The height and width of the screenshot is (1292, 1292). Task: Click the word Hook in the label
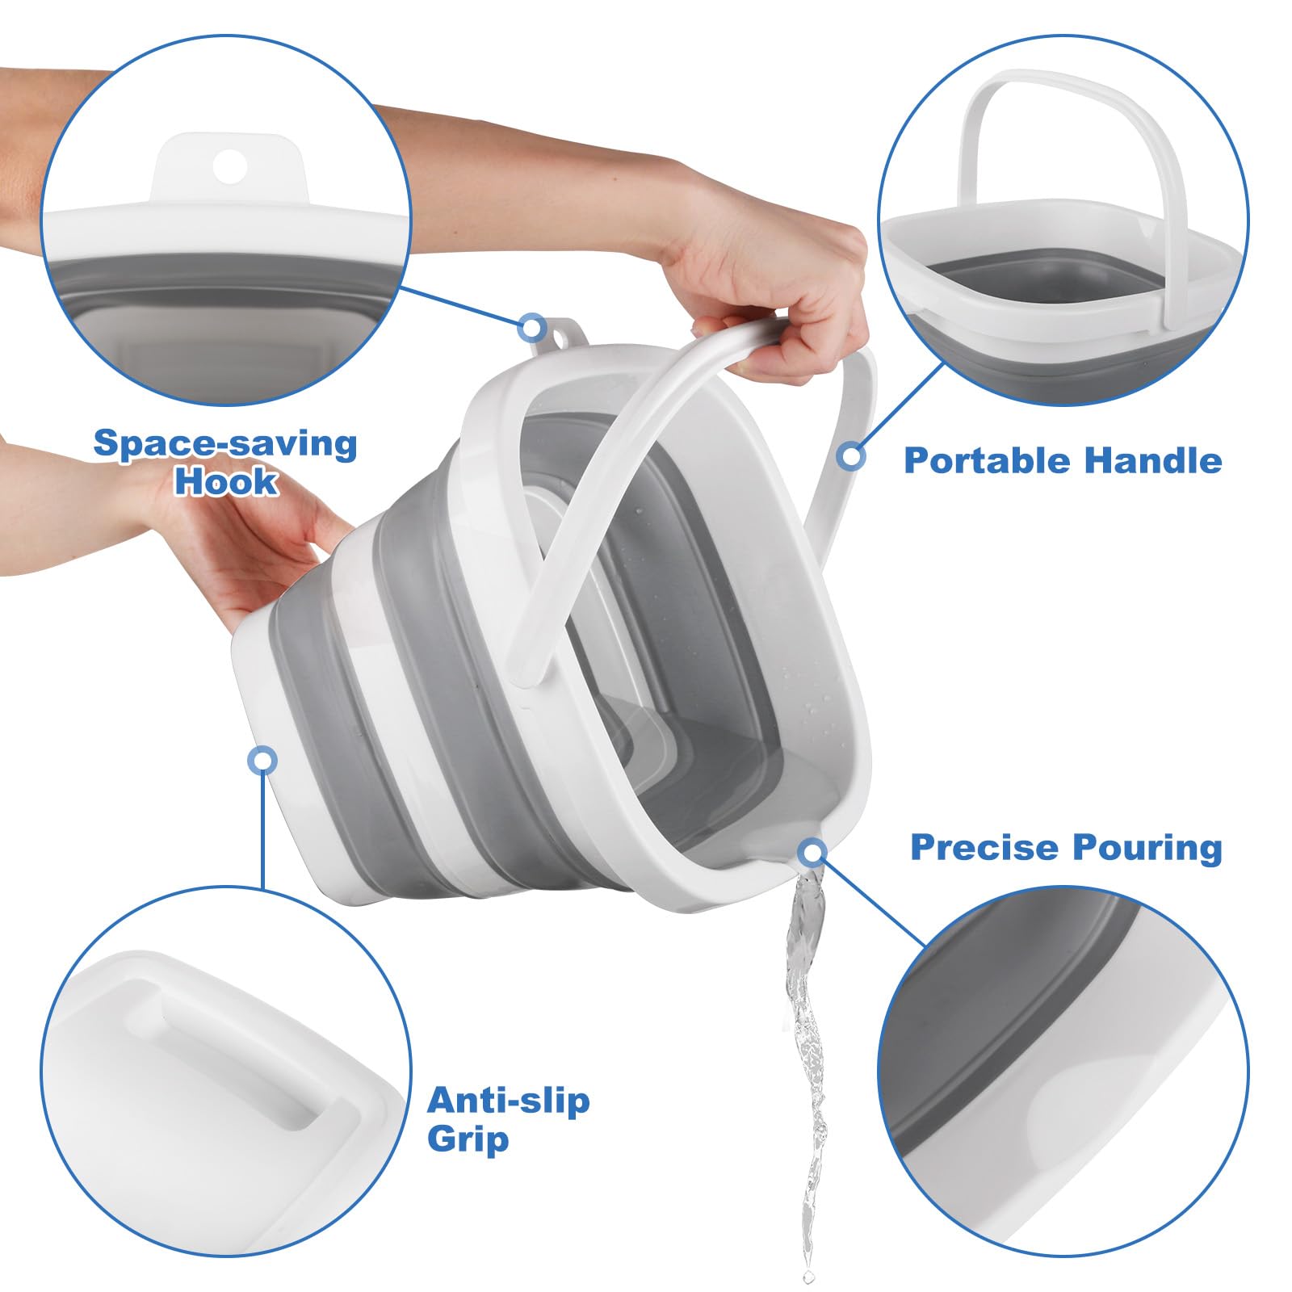click(226, 482)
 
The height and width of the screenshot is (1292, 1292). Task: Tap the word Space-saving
click(225, 444)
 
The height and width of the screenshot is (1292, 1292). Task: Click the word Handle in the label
click(1152, 460)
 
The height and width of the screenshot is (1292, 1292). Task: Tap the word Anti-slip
click(508, 1100)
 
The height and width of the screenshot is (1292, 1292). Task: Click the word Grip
click(468, 1139)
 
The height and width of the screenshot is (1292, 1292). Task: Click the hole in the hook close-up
click(229, 166)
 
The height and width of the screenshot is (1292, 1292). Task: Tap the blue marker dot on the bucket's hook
click(531, 328)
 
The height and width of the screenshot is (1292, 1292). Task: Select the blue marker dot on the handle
click(850, 456)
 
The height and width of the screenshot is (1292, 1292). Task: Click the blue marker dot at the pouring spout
click(812, 852)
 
